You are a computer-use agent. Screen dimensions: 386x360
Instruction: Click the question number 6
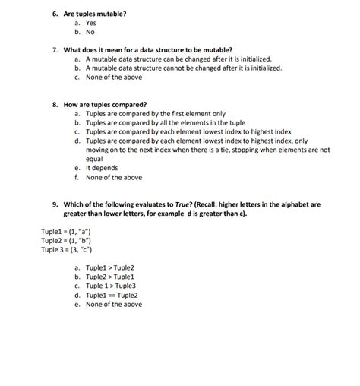[x=55, y=14]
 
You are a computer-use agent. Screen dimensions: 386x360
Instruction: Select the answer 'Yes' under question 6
[x=90, y=24]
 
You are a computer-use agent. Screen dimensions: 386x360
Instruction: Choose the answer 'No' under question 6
[x=90, y=33]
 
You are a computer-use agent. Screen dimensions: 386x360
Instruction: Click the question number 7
[x=55, y=49]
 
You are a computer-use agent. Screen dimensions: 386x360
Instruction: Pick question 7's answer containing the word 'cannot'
[x=183, y=68]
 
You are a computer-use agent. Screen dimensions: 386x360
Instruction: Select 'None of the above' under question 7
[x=113, y=78]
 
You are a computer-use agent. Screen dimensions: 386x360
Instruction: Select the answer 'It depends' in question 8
[x=103, y=169]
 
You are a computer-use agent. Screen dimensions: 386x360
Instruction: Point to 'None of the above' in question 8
[x=113, y=178]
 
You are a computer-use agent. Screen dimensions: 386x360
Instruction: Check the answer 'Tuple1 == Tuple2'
[x=112, y=296]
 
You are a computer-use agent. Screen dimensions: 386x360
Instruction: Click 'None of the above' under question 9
[x=113, y=305]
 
